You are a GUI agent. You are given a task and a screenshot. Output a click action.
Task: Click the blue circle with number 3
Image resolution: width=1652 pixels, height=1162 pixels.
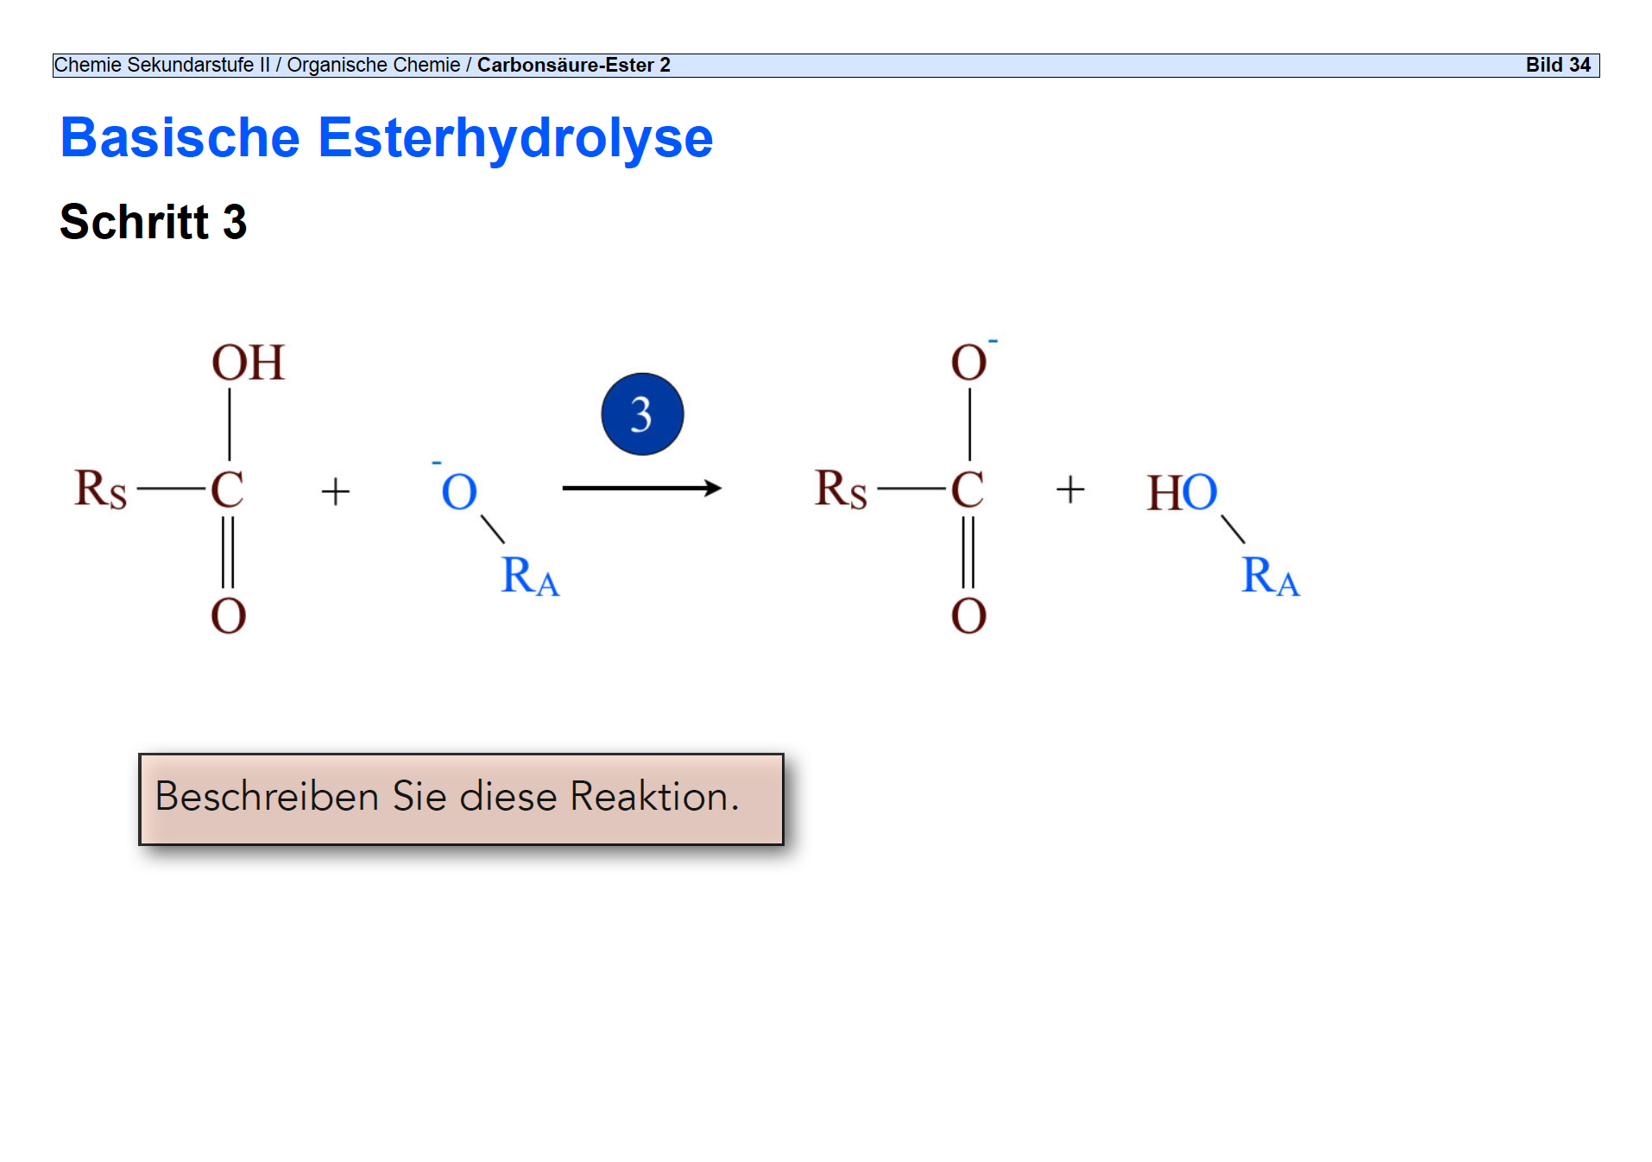(642, 414)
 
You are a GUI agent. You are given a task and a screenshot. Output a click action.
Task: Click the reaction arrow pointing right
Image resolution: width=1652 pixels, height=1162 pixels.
(640, 489)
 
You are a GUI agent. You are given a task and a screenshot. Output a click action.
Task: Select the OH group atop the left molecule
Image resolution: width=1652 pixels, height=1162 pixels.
(248, 363)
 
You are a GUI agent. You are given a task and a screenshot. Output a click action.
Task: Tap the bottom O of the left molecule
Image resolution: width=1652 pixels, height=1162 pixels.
(229, 616)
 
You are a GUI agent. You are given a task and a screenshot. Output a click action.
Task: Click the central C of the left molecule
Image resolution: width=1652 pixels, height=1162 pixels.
(228, 489)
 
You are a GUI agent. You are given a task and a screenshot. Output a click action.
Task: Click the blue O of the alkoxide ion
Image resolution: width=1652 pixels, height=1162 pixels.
(459, 492)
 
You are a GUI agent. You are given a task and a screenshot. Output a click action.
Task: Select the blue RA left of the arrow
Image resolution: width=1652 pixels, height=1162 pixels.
(530, 576)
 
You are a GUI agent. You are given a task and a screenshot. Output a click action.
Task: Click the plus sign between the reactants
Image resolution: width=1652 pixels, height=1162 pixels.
(336, 492)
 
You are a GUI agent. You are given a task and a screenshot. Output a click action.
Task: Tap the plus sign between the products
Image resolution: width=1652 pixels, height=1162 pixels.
(1070, 489)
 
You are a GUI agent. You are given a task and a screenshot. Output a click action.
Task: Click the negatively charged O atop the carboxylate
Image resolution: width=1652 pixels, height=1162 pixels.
(969, 363)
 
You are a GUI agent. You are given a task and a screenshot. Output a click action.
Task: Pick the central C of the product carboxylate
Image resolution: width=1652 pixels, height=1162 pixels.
(968, 489)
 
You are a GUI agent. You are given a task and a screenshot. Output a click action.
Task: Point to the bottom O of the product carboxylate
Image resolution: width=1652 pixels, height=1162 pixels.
(968, 616)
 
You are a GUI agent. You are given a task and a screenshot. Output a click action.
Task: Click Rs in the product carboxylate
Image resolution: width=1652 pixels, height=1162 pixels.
(841, 489)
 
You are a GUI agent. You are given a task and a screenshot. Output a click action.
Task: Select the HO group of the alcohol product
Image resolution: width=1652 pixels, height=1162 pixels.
(1182, 492)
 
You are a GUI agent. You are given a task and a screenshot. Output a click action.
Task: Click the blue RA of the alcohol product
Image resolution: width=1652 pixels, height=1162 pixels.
(1270, 576)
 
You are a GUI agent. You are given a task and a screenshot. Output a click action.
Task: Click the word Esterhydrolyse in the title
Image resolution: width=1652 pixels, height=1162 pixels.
(515, 138)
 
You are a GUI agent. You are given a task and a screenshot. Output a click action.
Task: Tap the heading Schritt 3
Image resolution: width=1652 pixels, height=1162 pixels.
(154, 222)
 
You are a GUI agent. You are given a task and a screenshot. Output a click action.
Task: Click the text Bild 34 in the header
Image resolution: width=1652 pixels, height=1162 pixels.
(1557, 66)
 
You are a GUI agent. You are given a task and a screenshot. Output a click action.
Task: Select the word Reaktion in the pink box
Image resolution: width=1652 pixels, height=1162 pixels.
(654, 796)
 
